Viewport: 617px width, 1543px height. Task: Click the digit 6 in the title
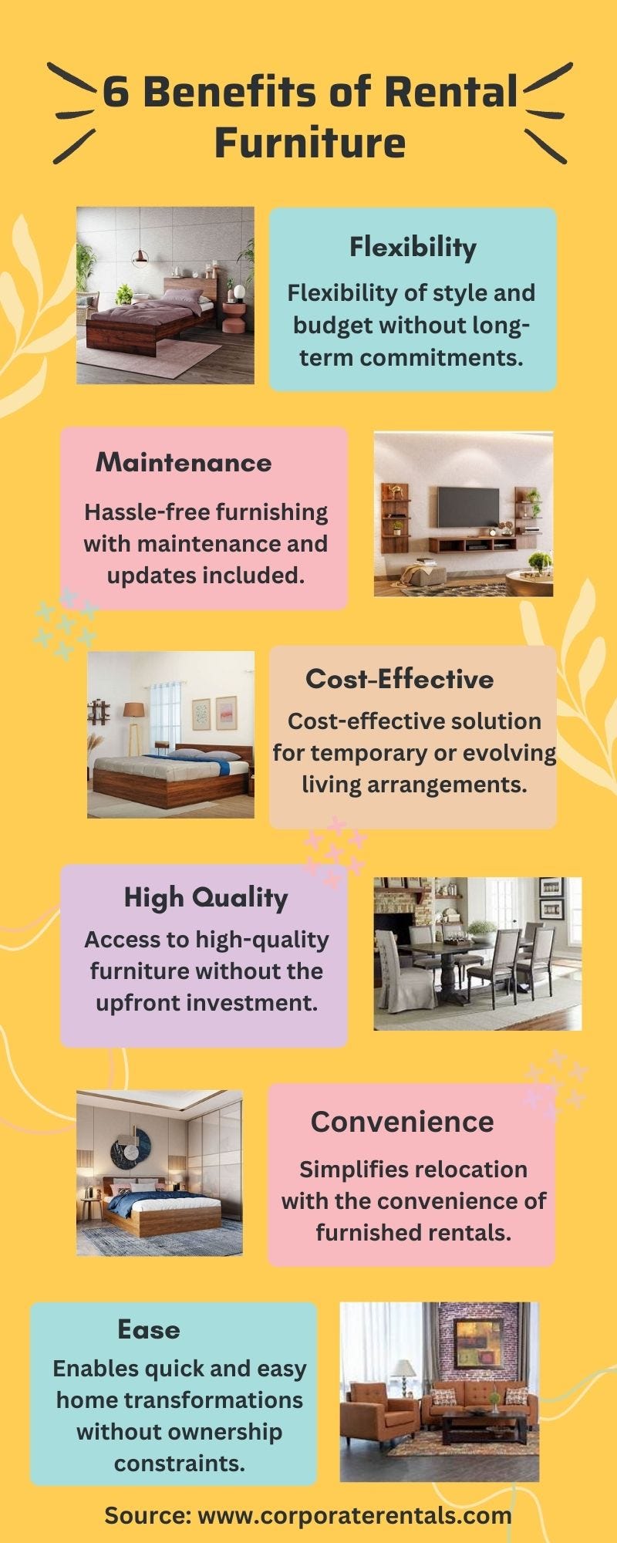(x=116, y=93)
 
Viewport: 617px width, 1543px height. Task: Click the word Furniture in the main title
(x=309, y=143)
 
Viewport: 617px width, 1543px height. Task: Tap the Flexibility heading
(x=413, y=247)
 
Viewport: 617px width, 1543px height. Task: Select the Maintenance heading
(x=184, y=463)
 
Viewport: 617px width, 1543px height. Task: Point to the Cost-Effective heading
(x=400, y=679)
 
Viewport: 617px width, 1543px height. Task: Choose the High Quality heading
(x=206, y=897)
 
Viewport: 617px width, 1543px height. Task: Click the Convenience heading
(x=402, y=1122)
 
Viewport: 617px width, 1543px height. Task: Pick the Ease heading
(x=149, y=1329)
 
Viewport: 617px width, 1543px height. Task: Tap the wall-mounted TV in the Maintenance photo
(x=468, y=505)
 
